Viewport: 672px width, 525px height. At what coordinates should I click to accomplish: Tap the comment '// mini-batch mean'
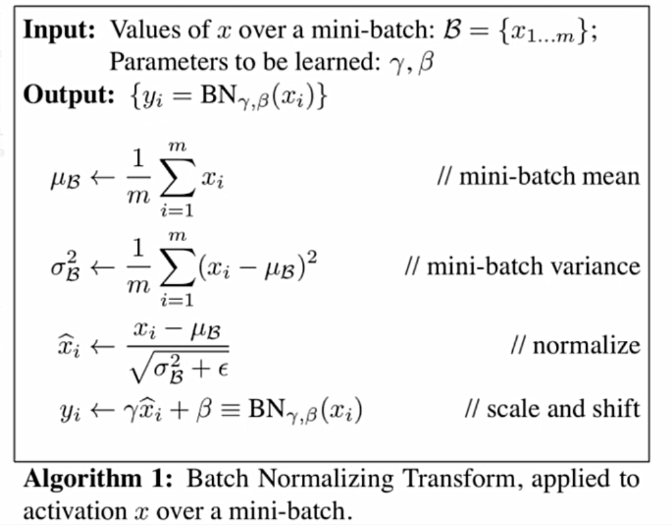pos(538,176)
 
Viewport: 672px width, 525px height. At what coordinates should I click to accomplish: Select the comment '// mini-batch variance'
pos(523,267)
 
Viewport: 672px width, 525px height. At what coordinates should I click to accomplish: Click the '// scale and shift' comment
pos(551,408)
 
